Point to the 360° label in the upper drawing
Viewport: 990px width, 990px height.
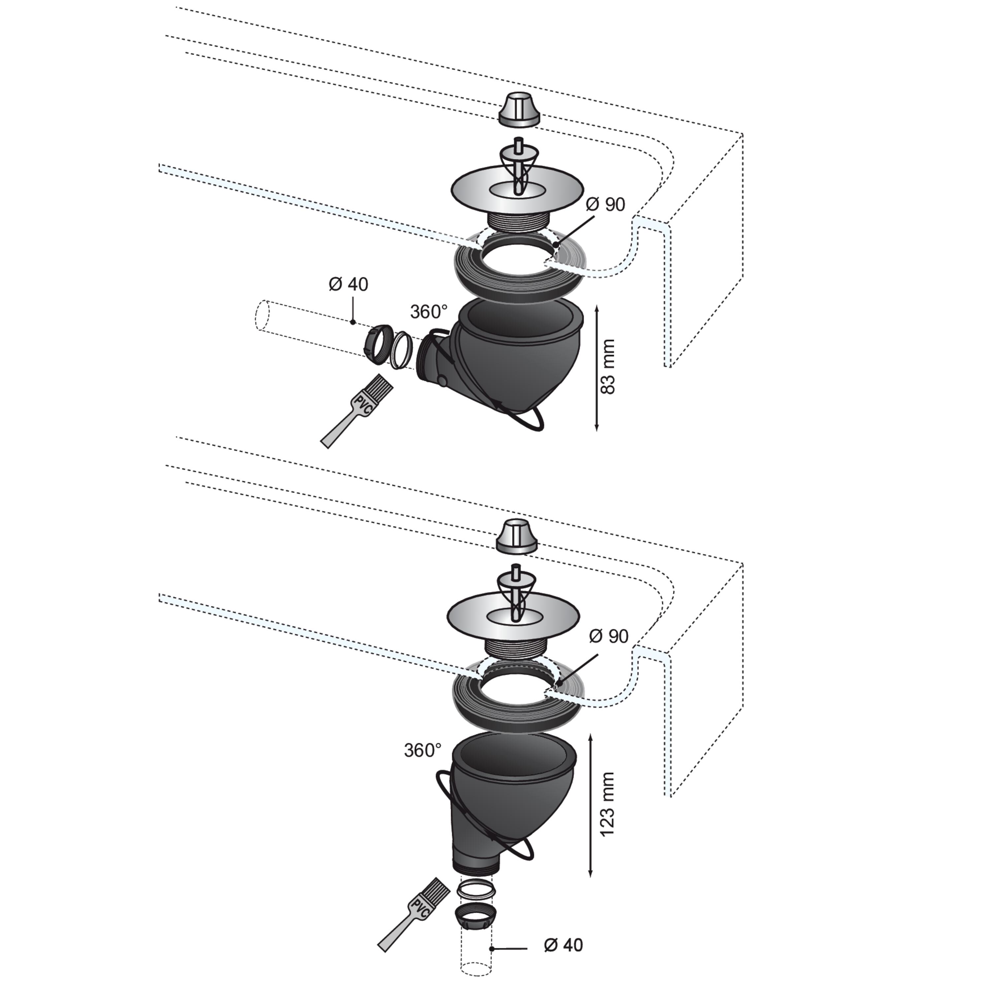(x=429, y=311)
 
